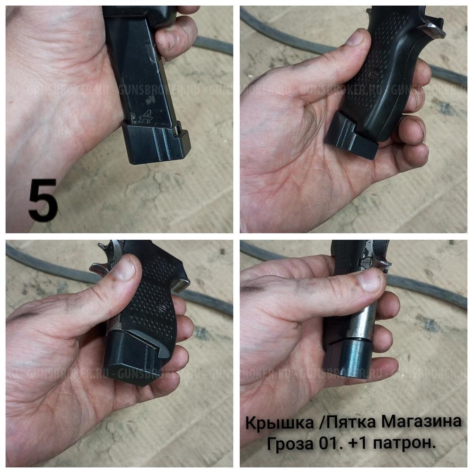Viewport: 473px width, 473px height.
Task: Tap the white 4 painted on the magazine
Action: click(x=145, y=116)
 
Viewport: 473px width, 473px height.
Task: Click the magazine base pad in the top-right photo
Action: click(x=350, y=137)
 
